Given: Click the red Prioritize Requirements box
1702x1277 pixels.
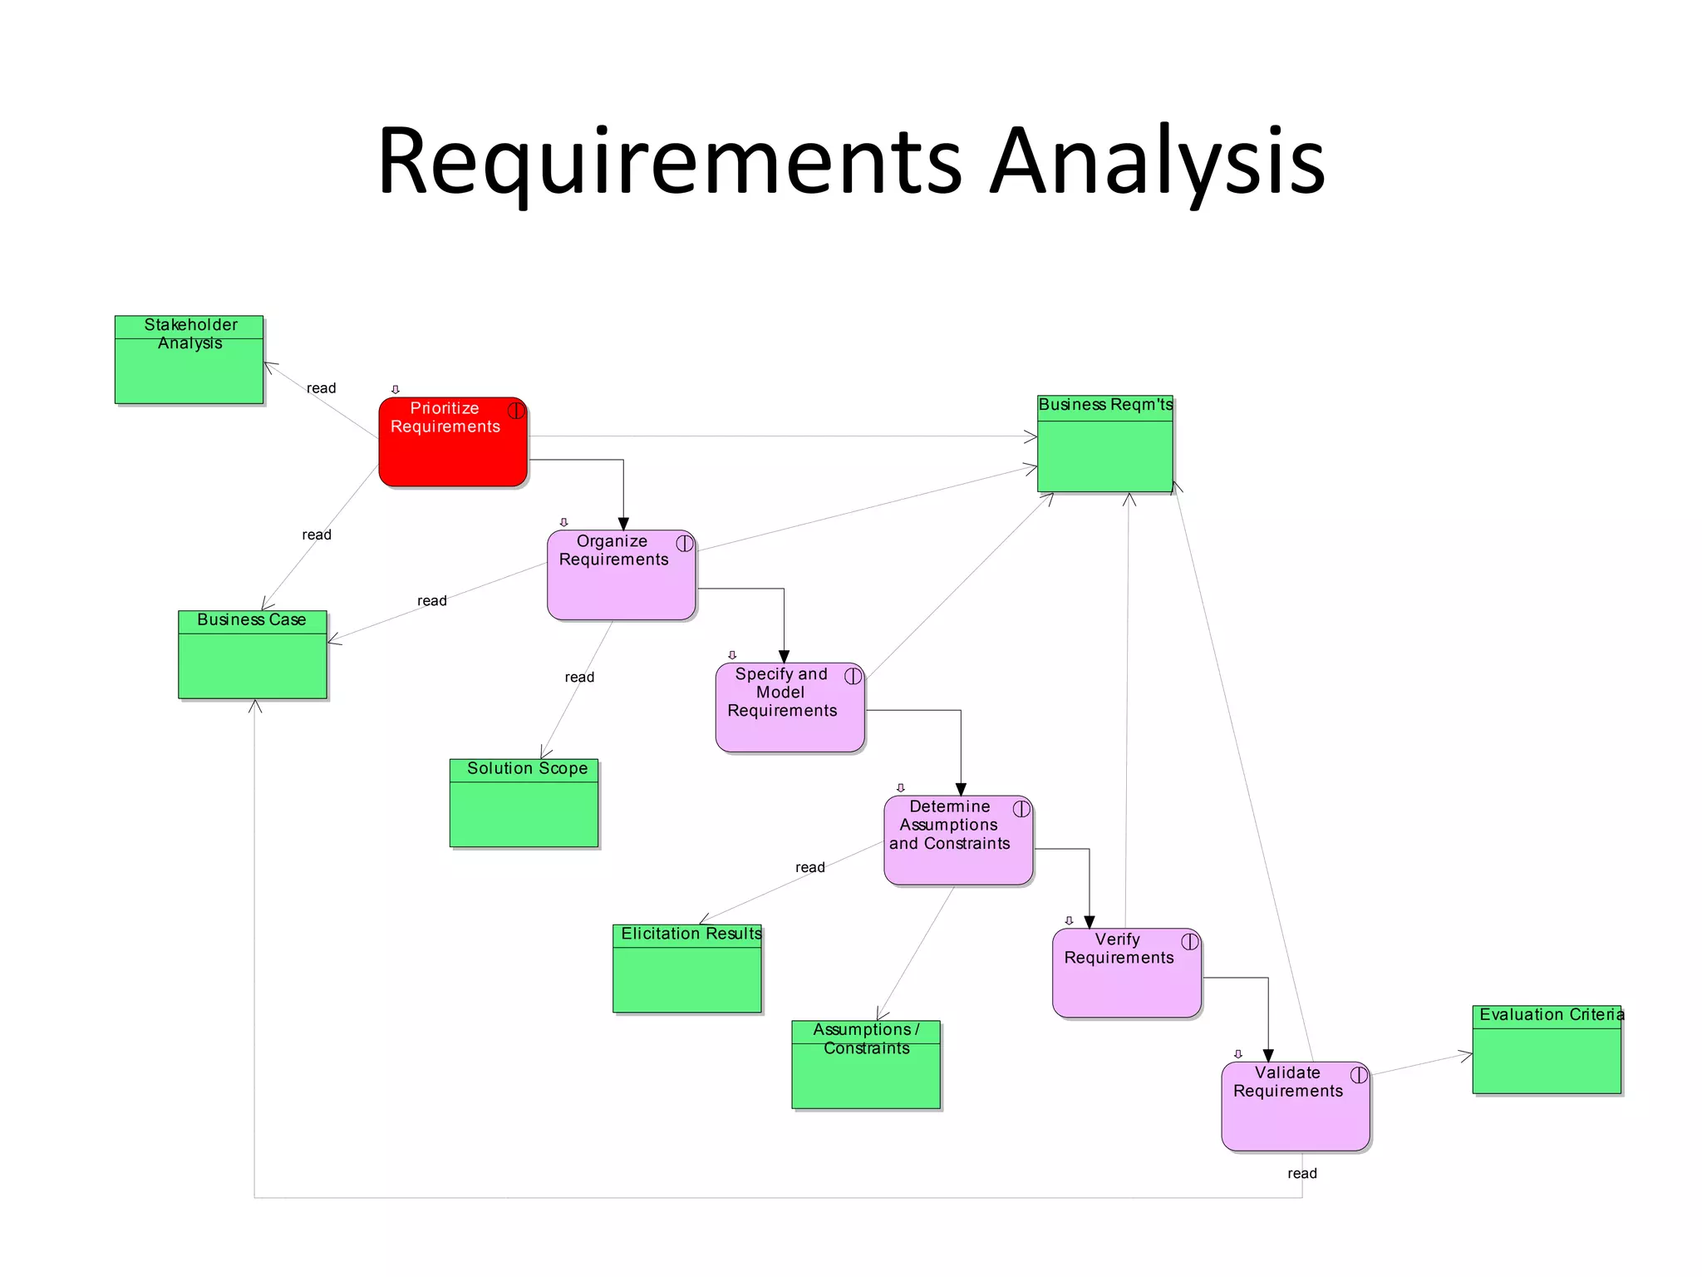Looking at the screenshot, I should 453,442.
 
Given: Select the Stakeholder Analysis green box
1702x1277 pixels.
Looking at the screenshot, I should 189,360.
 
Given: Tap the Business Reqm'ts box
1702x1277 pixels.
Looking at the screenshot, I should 1104,444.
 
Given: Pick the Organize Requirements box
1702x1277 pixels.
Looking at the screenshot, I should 621,575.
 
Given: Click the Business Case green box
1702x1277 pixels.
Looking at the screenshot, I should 252,655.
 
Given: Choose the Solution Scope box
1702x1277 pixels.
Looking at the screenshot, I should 524,803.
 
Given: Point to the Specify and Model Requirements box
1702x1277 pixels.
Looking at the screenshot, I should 790,708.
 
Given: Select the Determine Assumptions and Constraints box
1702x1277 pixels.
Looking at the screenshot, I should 957,841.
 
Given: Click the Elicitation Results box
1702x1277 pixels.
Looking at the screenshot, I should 686,969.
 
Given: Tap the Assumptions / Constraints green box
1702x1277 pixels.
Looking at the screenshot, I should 865,1065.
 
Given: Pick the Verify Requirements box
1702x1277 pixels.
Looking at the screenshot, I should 1126,973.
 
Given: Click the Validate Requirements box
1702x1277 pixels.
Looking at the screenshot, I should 1295,1107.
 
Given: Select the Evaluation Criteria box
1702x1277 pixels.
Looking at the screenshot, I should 1547,1049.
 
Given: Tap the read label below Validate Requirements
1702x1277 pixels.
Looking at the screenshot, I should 1301,1173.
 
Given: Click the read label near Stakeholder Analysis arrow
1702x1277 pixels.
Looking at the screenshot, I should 321,388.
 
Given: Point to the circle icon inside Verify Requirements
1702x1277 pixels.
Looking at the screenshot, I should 1190,941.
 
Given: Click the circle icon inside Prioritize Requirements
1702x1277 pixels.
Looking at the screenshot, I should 516,410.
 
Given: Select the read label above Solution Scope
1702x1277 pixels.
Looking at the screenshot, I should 579,677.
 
